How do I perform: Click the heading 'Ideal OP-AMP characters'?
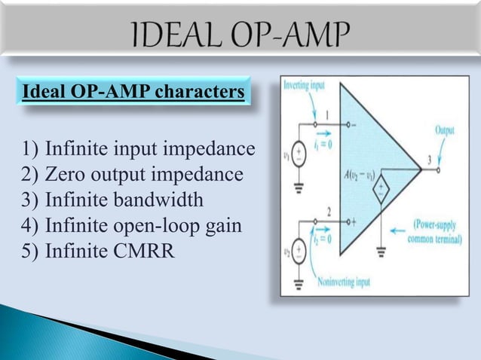(x=133, y=93)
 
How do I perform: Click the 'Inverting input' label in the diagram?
(x=305, y=85)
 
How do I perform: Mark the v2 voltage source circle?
(x=299, y=249)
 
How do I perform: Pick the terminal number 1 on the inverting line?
(x=329, y=114)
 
